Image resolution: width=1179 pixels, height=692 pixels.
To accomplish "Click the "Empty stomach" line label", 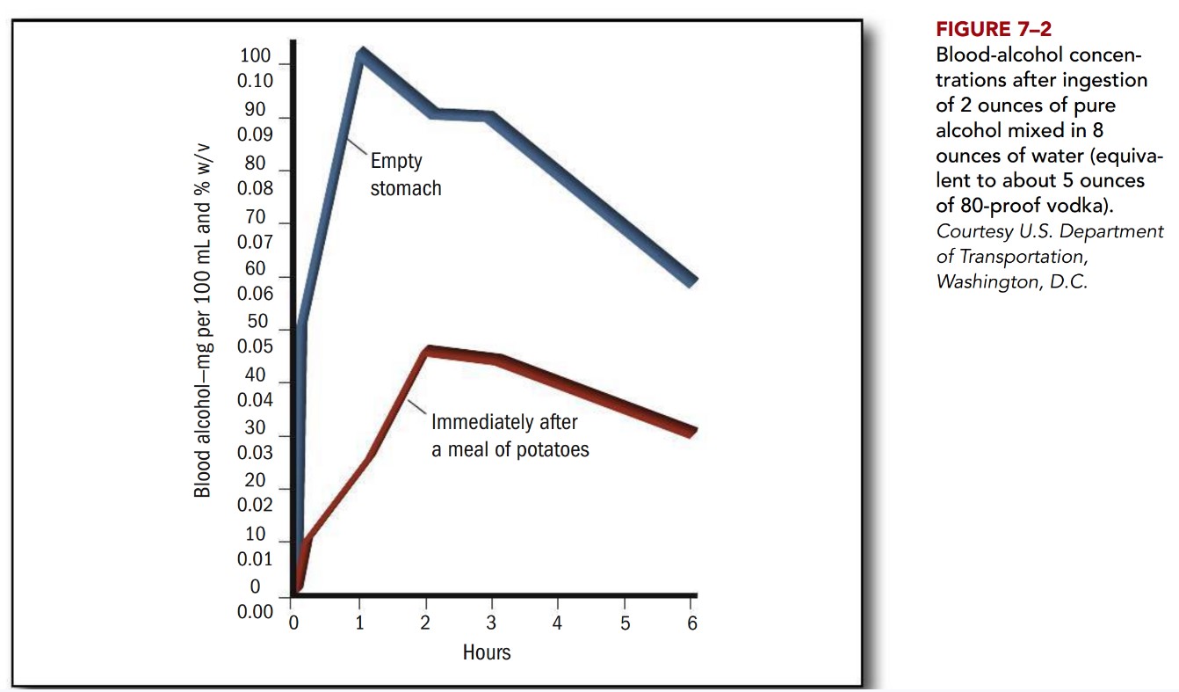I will (405, 175).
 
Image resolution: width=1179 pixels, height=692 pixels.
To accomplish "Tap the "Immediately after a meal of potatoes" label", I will (509, 435).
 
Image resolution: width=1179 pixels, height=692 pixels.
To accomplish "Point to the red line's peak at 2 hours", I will (428, 351).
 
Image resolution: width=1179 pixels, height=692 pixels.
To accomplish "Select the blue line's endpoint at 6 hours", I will (692, 282).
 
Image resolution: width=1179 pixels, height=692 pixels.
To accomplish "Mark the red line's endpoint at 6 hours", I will (692, 431).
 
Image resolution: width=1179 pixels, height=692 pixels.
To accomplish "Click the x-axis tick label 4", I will (557, 623).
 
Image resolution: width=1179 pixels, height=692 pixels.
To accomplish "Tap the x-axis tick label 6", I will (691, 623).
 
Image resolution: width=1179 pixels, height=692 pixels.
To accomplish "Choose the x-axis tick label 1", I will (359, 623).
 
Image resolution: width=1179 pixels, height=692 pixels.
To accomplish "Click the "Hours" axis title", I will (487, 652).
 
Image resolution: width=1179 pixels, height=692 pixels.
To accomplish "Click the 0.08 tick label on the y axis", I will (256, 187).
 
